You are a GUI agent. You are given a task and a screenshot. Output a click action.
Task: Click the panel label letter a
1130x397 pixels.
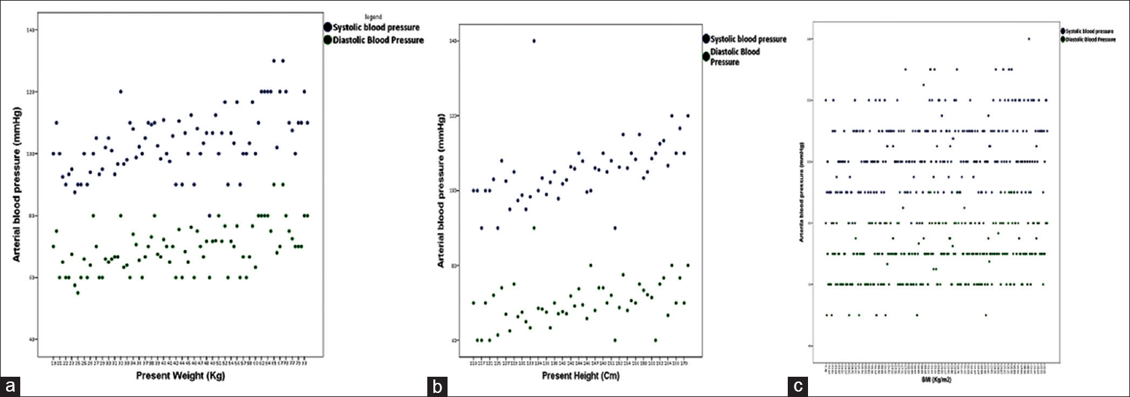point(9,388)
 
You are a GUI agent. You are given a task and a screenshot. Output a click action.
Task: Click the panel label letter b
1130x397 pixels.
point(437,388)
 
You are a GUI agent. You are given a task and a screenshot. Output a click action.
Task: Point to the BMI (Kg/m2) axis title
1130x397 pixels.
point(934,381)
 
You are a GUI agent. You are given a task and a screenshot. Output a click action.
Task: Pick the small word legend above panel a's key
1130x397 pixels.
point(373,17)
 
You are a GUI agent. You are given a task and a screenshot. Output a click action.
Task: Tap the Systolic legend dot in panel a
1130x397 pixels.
point(328,27)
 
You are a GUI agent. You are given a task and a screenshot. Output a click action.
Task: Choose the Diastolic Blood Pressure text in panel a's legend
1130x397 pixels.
point(378,41)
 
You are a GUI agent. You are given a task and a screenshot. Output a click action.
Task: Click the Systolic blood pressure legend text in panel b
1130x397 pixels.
point(749,39)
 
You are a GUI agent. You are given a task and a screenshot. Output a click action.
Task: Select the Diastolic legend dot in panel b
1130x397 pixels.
point(706,56)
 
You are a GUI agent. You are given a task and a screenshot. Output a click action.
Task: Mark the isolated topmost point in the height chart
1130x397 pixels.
point(534,41)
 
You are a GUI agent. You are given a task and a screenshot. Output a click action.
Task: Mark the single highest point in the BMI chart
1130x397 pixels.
point(1029,38)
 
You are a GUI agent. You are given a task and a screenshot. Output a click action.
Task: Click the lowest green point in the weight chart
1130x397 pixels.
point(78,292)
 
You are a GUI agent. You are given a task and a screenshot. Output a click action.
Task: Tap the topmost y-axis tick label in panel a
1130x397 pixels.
point(32,30)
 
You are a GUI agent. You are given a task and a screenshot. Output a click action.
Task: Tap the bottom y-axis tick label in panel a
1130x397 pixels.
point(32,339)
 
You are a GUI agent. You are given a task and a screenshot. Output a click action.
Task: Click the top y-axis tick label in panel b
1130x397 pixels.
point(455,41)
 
